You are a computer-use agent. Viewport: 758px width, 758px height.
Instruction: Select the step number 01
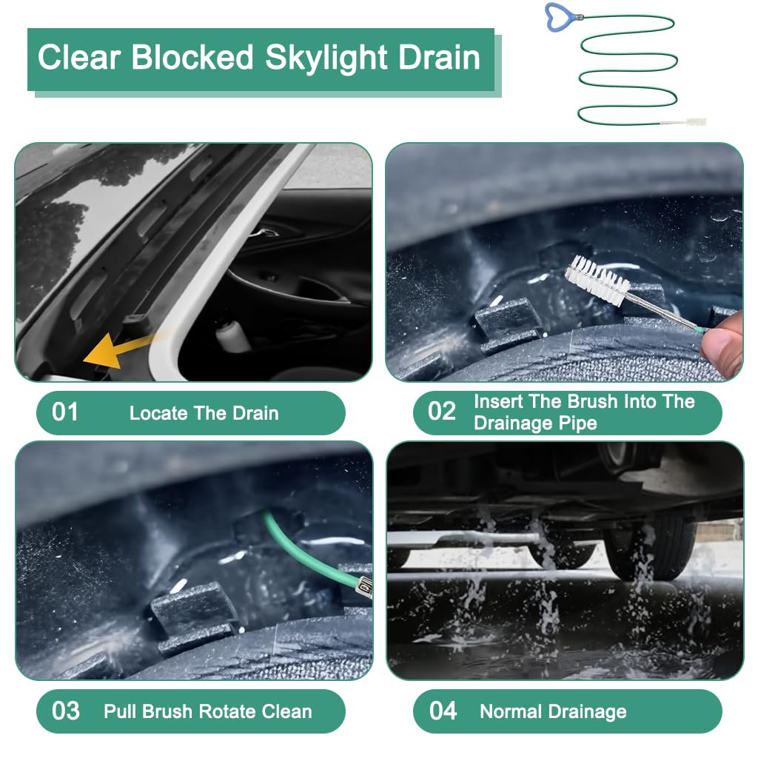click(65, 412)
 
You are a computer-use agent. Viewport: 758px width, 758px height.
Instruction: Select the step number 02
click(442, 412)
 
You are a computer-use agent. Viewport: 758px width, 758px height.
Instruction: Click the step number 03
click(65, 711)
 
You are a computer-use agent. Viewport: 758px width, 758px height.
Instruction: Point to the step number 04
click(443, 711)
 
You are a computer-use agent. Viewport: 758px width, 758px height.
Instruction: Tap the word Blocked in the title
click(193, 58)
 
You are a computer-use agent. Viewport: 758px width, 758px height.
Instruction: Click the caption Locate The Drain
click(204, 413)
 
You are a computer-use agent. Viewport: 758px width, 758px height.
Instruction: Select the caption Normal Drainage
click(553, 712)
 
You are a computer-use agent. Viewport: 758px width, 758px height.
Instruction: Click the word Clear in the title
click(79, 58)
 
